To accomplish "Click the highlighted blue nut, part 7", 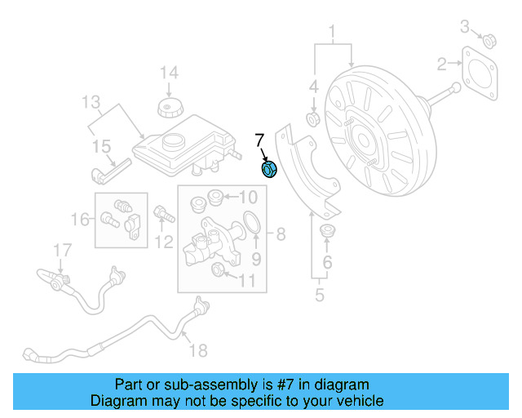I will coord(269,169).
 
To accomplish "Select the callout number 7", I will coord(260,140).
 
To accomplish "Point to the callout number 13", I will coord(91,102).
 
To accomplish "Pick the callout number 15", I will coord(100,147).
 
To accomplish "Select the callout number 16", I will coord(80,219).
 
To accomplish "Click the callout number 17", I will coord(63,250).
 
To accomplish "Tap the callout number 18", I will coord(198,350).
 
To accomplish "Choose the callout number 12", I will coord(165,241).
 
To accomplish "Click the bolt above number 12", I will coord(161,215).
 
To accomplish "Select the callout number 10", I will coord(247,197).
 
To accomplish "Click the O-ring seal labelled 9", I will coord(253,222).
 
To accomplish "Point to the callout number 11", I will coord(246,282).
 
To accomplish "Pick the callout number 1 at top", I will coord(333,33).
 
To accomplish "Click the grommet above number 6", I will coord(329,231).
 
